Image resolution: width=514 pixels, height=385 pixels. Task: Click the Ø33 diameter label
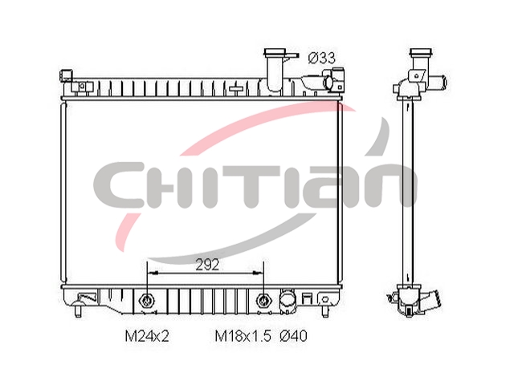click(x=322, y=59)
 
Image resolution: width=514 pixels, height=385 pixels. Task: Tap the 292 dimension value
click(x=207, y=264)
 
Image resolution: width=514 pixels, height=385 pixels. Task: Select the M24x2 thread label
click(x=147, y=336)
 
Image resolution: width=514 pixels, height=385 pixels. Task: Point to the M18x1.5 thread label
click(x=243, y=336)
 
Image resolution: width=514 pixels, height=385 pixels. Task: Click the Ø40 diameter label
click(x=293, y=336)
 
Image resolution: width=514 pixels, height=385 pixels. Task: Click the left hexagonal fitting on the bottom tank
click(x=146, y=299)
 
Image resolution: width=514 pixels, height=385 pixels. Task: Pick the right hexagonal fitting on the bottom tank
click(x=263, y=299)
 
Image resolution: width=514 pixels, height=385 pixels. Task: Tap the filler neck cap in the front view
click(x=275, y=52)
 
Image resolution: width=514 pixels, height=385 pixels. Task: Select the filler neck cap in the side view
click(x=421, y=53)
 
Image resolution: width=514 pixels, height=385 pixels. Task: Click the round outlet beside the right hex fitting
click(x=287, y=299)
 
